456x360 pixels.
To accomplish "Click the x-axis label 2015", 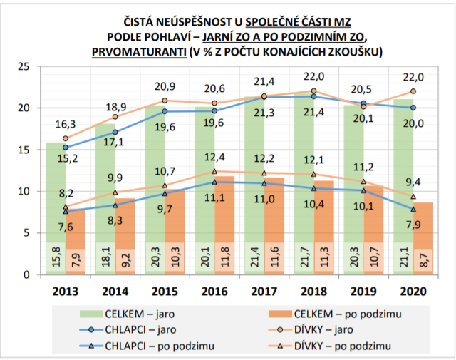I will [165, 291].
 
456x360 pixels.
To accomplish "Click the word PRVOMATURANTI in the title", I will [135, 52].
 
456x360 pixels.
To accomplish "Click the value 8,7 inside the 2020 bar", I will [423, 259].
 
